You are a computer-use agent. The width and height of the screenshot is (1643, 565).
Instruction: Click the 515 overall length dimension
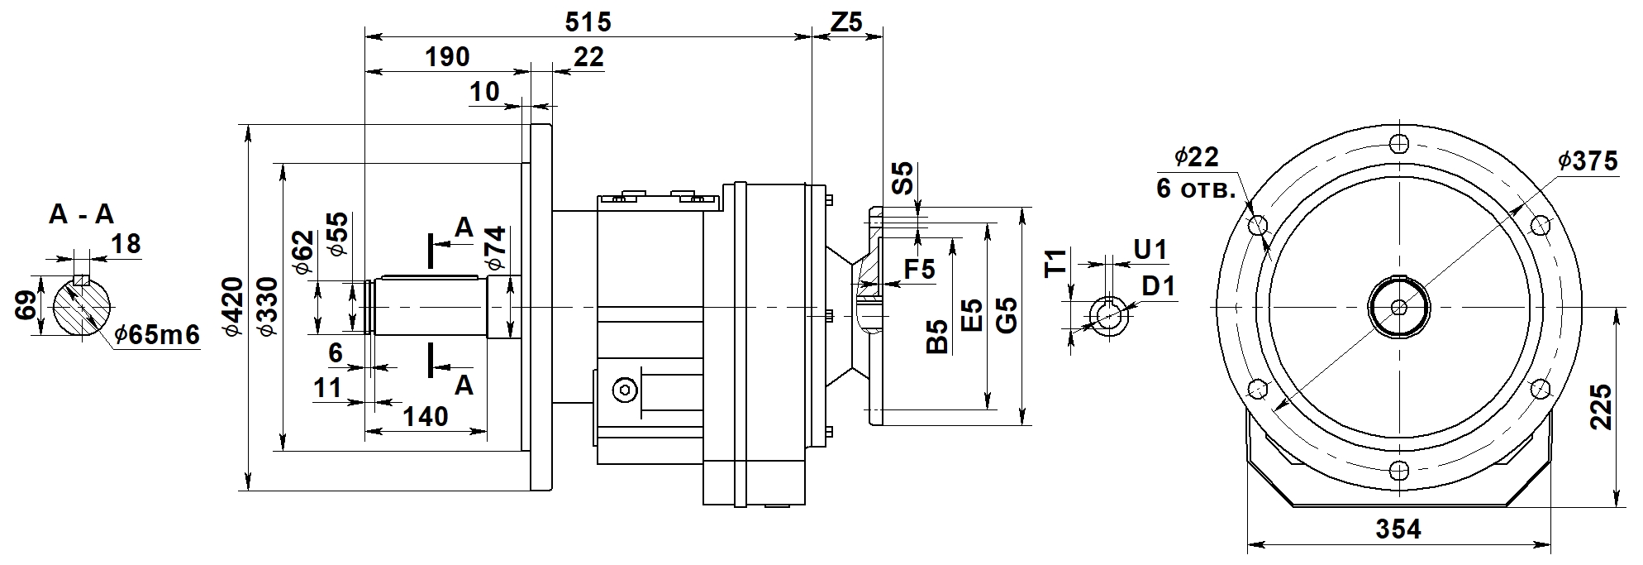click(x=588, y=22)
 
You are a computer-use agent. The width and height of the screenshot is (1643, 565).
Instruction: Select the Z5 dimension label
click(x=845, y=22)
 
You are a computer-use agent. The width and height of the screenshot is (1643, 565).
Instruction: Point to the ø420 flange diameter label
click(x=233, y=307)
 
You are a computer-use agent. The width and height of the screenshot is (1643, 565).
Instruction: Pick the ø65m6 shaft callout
click(x=157, y=335)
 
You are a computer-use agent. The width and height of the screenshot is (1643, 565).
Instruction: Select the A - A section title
click(x=81, y=215)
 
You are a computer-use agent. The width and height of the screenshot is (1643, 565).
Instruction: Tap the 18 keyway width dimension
click(x=126, y=243)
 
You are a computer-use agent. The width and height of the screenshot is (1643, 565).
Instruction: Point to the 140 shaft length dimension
click(x=426, y=415)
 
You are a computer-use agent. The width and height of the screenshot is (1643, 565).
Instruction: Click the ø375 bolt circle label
click(x=1588, y=161)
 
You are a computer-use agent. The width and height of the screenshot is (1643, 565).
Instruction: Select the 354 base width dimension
click(x=1398, y=529)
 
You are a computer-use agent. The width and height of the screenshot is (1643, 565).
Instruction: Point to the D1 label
click(x=1158, y=286)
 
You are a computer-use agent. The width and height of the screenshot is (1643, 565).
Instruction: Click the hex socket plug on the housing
click(x=625, y=390)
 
